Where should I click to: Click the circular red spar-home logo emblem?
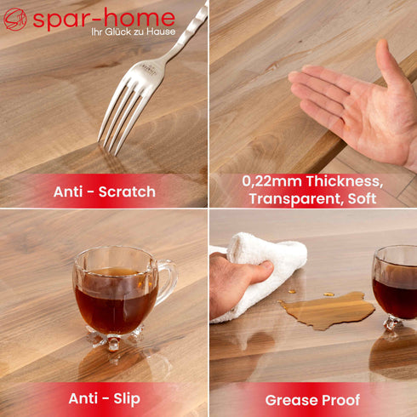tap(15, 19)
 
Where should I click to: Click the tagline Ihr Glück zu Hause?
tap(134, 31)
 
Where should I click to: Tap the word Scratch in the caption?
tap(127, 191)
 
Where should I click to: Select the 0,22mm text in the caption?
tap(271, 181)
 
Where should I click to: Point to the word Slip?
tap(127, 399)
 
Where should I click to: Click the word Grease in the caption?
tap(292, 400)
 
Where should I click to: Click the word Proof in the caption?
tap(341, 400)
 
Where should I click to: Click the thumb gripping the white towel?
tap(257, 272)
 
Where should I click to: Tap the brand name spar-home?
tap(104, 19)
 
